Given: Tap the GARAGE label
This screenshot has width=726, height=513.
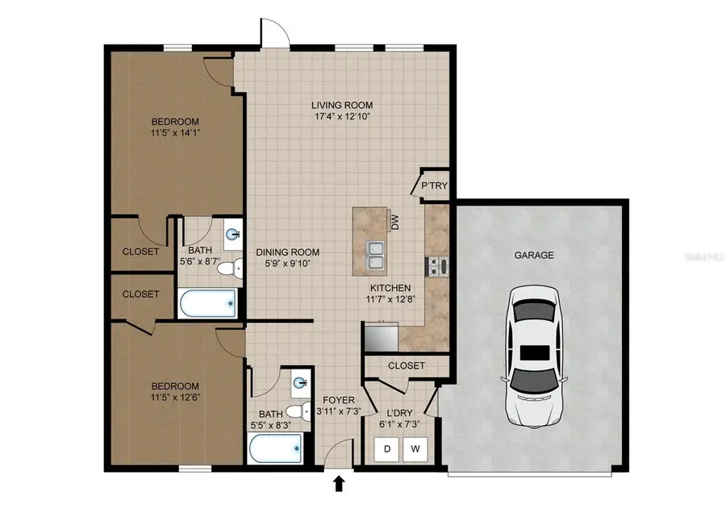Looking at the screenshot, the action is point(534,255).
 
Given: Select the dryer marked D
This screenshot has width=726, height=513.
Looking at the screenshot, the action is point(387,448).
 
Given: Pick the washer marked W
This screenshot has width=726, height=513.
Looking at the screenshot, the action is point(415,448).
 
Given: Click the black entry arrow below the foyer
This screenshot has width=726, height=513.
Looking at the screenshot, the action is point(340,484).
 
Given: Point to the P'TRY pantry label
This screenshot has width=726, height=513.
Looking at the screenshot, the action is point(434,186).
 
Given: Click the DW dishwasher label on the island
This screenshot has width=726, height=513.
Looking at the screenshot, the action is point(395,223).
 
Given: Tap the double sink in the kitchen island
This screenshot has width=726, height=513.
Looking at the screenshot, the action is point(375,255).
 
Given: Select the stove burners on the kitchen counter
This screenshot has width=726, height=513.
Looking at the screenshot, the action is point(437,266).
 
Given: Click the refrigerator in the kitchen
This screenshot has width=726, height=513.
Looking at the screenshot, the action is point(381,336).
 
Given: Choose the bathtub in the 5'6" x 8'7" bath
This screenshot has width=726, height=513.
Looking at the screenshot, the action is point(207,303).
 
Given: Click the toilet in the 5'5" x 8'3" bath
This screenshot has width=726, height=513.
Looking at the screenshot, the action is point(298,411).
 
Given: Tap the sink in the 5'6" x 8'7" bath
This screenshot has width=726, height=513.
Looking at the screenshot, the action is point(233,234).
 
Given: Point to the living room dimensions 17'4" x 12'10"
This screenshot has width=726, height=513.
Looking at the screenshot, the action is point(342,117).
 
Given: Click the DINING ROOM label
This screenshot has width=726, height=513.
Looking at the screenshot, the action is point(287,252).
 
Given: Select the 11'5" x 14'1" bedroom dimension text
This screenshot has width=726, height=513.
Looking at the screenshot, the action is point(176,133).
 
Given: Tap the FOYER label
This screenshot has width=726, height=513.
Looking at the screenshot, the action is point(339,400).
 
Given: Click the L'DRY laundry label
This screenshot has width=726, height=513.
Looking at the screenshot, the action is point(399,413).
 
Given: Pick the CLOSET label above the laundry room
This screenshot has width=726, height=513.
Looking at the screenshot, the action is point(407,365).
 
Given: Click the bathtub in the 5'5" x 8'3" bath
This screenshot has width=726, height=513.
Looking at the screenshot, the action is point(276,448).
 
